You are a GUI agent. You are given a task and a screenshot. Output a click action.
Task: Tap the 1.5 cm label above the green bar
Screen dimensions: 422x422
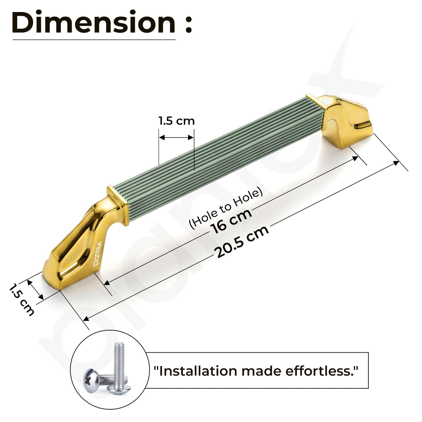click(177, 121)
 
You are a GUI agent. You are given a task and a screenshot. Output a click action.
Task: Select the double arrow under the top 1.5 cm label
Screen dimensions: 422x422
click(176, 138)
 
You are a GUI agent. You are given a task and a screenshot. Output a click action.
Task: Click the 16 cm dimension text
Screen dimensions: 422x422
click(231, 222)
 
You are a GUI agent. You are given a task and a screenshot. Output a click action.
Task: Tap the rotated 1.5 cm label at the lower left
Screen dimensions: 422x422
click(22, 300)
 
